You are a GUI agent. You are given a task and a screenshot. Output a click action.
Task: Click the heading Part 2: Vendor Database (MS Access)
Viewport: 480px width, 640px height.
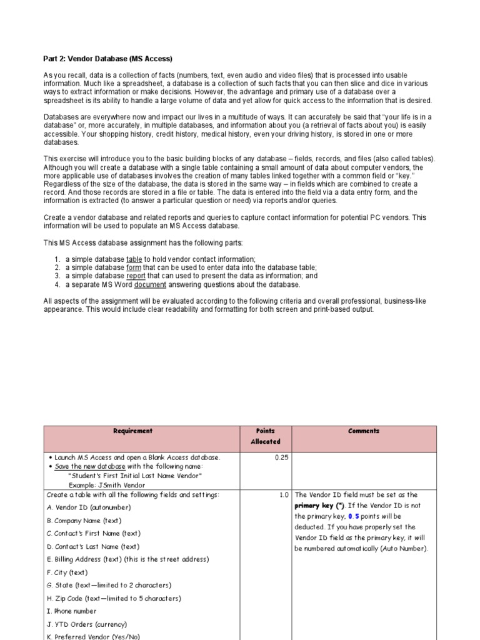click(107, 59)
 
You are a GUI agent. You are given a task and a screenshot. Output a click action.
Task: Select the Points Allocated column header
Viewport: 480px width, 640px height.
click(266, 436)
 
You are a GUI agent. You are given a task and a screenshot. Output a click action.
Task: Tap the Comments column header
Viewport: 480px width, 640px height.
click(364, 431)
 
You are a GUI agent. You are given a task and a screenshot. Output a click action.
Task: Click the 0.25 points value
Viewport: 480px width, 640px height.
click(281, 457)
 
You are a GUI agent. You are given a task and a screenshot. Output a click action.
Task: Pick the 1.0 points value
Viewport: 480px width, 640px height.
click(284, 495)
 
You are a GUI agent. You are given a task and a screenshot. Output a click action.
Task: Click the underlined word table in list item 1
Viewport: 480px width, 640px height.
click(134, 259)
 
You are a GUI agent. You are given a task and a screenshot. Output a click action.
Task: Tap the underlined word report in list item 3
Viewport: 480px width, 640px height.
click(137, 276)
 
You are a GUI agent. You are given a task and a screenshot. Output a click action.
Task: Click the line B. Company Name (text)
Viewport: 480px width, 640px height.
click(84, 521)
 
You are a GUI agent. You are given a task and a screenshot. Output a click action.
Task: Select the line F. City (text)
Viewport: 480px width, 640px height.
click(70, 572)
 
